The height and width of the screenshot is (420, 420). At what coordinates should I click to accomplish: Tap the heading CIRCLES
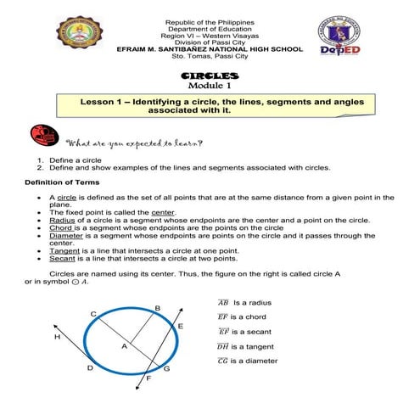(x=210, y=76)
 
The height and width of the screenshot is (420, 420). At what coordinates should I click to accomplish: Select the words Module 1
(x=210, y=87)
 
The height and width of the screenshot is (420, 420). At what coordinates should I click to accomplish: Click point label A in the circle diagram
(x=123, y=347)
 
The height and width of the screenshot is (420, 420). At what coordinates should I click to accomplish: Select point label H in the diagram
(x=57, y=337)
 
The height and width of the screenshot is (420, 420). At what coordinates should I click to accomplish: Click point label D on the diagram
(x=90, y=368)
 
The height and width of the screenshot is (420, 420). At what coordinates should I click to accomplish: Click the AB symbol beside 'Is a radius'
(x=223, y=301)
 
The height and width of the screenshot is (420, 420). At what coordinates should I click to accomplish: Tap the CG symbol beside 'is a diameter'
(x=223, y=361)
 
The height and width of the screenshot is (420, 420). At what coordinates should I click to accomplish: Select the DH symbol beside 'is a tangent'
(x=223, y=346)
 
